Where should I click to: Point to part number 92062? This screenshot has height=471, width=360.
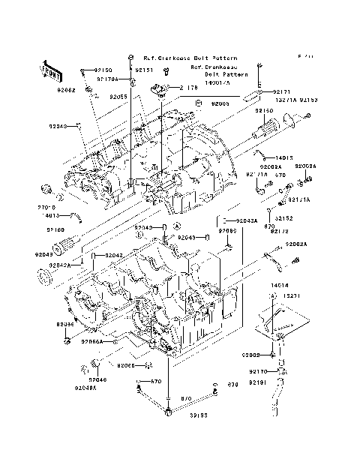click(65, 89)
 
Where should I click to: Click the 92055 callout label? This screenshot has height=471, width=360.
click(118, 97)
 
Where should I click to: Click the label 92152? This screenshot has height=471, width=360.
click(283, 218)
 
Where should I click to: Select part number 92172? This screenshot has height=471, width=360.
click(279, 231)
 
